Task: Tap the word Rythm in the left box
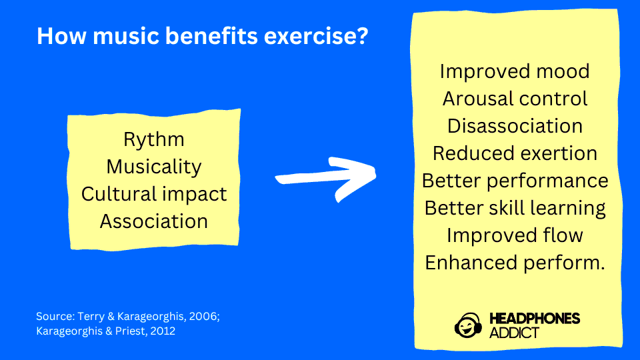[x=154, y=139]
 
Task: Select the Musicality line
[x=154, y=167]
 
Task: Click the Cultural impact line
[x=154, y=194]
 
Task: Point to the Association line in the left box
[x=154, y=221]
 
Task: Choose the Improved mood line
[x=515, y=71]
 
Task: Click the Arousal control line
[x=515, y=99]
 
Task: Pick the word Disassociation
[x=515, y=126]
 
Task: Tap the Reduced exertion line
[x=515, y=153]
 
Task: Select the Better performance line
[x=515, y=181]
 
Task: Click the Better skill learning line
[x=515, y=208]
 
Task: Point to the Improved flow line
[x=515, y=235]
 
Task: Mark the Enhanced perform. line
[x=515, y=263]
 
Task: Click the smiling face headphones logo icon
[x=468, y=325]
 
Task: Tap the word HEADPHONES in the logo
[x=535, y=319]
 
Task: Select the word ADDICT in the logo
[x=514, y=333]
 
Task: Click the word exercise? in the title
[x=316, y=36]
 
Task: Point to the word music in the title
[x=129, y=36]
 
